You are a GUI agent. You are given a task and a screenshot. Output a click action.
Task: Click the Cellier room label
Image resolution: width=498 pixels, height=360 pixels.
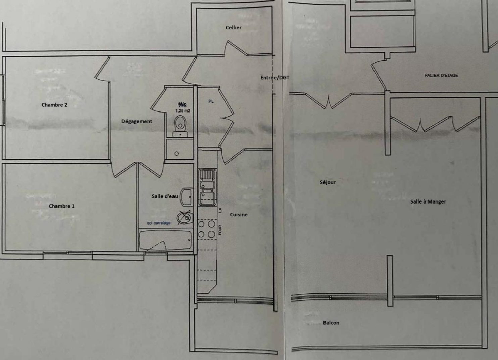click(x=234, y=27)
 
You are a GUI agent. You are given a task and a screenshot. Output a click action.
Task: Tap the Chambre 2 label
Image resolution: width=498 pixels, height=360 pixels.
click(x=54, y=105)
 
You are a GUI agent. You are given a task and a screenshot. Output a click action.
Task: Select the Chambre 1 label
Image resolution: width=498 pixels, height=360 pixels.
click(x=62, y=206)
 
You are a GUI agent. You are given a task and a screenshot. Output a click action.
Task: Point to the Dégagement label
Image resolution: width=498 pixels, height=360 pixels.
click(x=137, y=121)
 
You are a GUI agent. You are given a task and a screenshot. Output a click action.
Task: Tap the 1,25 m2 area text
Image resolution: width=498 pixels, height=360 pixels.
click(x=183, y=110)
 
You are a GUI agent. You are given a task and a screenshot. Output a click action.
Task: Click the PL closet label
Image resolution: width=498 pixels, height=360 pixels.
click(x=211, y=101)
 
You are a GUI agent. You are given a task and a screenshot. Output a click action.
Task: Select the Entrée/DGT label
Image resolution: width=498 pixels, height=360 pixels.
click(x=275, y=78)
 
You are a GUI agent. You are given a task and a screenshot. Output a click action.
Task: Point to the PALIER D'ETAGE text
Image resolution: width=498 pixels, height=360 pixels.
click(x=441, y=75)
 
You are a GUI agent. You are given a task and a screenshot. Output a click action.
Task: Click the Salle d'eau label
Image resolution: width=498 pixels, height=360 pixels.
click(x=165, y=196)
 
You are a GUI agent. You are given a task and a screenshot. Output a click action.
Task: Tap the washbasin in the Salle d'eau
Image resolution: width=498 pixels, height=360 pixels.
click(x=187, y=197)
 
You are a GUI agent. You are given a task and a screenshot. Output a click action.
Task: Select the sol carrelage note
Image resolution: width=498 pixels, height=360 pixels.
click(x=159, y=223)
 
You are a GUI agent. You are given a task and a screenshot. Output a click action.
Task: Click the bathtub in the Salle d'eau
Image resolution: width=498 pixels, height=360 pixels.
click(x=165, y=240)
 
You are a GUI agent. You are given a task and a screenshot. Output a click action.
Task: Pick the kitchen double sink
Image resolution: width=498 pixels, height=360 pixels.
click(x=207, y=187)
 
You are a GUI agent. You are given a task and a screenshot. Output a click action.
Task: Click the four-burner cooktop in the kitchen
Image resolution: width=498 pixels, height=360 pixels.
click(x=206, y=229)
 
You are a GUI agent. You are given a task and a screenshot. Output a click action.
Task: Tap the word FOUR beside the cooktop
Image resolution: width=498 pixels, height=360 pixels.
click(x=220, y=230)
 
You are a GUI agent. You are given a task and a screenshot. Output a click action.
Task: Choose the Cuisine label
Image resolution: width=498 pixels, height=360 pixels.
click(x=239, y=215)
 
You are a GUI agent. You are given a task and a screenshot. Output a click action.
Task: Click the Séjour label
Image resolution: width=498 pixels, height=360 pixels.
click(x=328, y=182)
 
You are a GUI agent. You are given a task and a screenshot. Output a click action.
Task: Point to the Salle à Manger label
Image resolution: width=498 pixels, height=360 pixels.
click(x=428, y=201)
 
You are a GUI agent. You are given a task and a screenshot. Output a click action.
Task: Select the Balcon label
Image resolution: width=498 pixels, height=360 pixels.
click(x=331, y=323)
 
